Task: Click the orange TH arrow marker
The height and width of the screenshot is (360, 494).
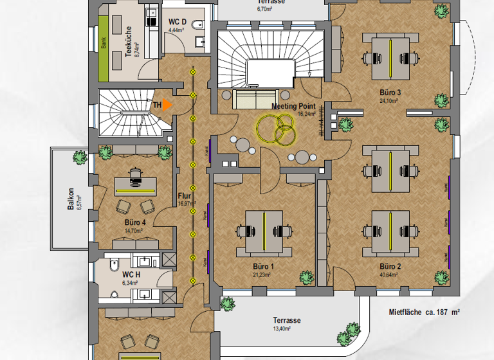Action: coord(167,105)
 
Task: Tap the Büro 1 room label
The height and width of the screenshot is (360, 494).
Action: coord(264,265)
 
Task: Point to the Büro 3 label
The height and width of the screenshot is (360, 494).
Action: coord(390,93)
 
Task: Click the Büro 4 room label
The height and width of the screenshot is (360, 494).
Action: coord(135,222)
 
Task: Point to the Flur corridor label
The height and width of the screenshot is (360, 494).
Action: coord(185,196)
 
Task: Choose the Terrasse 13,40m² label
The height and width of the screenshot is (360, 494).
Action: coord(286,321)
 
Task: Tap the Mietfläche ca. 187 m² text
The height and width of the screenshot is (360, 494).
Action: coord(424,312)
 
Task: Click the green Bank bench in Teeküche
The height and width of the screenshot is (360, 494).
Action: coord(103,44)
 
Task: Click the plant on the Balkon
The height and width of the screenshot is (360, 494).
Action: coord(79,157)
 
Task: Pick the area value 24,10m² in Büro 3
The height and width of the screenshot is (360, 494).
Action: coord(389,101)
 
